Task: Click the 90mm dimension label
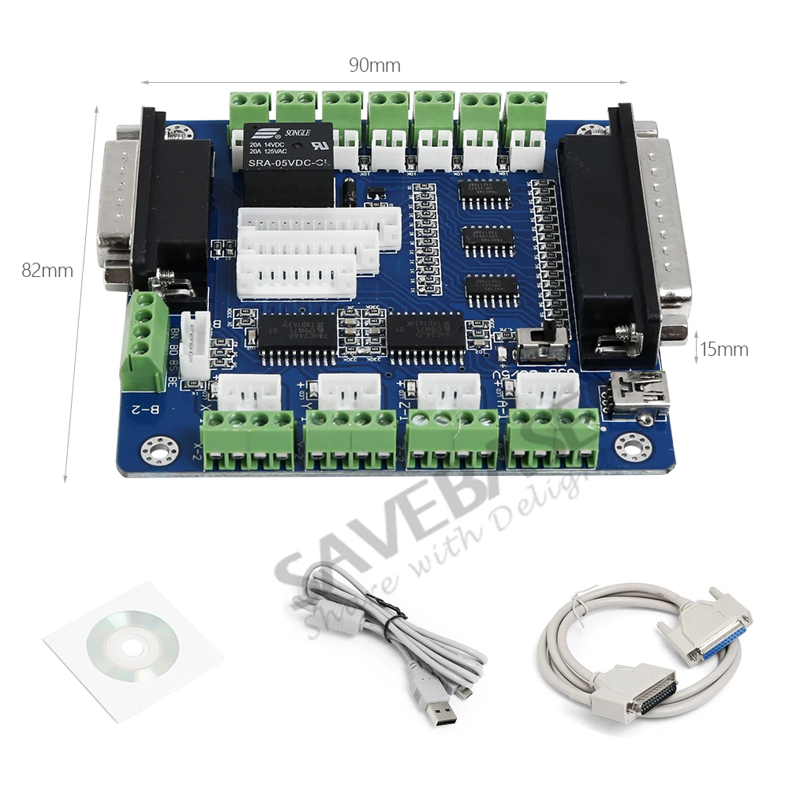[x=375, y=65]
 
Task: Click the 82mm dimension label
[x=47, y=271]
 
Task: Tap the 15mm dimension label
[x=724, y=349]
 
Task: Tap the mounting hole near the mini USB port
[x=633, y=446]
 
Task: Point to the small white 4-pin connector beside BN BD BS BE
[x=195, y=345]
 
